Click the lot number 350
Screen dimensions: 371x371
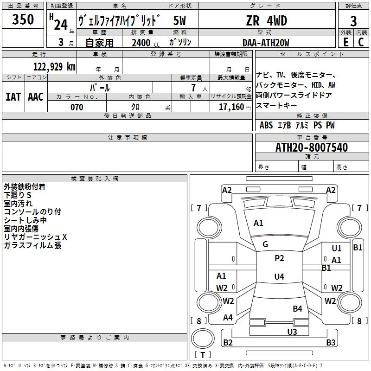tap(23, 20)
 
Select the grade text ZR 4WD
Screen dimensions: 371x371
tap(266, 21)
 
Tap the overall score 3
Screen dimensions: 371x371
tap(353, 21)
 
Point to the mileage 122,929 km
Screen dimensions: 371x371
tap(54, 66)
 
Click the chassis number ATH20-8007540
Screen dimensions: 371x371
tap(311, 148)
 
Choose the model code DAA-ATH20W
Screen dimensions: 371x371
tap(266, 43)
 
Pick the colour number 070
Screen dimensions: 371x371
tap(77, 107)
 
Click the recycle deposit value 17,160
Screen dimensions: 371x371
tap(231, 107)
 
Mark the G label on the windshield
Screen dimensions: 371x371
tap(265, 244)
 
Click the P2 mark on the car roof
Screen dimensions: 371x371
tap(279, 258)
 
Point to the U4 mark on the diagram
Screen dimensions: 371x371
tap(279, 277)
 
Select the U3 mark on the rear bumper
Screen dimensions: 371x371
tap(292, 332)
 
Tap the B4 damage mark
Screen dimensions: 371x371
tap(297, 309)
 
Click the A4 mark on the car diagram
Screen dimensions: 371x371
tap(228, 318)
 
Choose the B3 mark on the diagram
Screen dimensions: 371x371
tap(331, 343)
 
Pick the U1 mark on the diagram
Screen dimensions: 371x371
tap(337, 249)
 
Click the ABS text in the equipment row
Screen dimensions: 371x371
tap(266, 125)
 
